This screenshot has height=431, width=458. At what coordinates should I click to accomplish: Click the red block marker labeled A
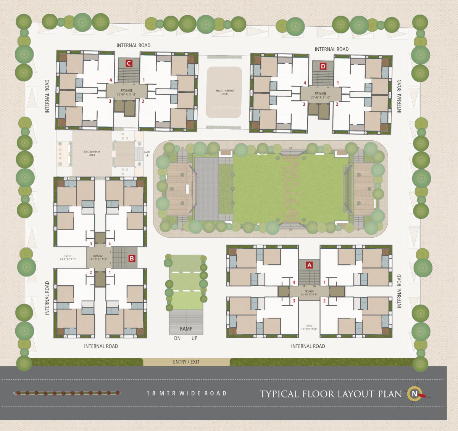point(310,264)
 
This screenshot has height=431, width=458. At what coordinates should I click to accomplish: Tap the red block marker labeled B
point(132,258)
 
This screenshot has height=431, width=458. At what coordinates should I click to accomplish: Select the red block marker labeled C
point(129,63)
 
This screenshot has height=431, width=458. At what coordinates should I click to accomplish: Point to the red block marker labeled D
point(323,66)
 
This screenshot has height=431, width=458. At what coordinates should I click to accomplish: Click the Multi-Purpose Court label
point(224,92)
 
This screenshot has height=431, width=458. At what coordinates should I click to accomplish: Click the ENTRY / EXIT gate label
point(186,362)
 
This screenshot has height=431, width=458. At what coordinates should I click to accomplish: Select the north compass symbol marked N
point(414,393)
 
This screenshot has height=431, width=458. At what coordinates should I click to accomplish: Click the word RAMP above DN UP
point(186,329)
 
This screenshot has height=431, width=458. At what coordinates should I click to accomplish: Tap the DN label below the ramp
point(177,338)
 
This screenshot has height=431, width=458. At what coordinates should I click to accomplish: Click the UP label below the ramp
point(194,338)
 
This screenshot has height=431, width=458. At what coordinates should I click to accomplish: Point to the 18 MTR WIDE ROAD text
point(187,393)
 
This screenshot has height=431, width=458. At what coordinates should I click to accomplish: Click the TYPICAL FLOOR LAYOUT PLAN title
point(331,394)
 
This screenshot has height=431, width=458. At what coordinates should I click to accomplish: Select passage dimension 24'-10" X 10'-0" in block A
point(309,294)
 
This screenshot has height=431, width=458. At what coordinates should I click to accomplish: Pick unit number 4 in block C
point(110,80)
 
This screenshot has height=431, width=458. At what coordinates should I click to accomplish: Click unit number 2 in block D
point(337,104)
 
